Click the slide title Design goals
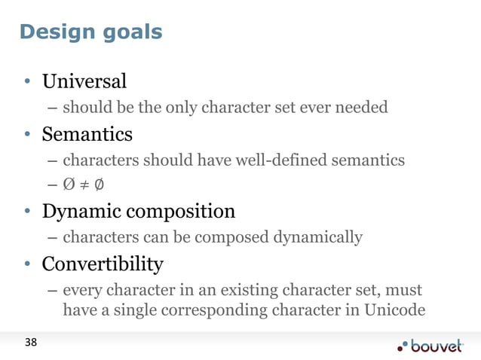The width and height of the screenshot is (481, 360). tap(90, 32)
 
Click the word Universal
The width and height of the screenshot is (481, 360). tap(84, 80)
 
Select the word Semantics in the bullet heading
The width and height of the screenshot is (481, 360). tap(87, 134)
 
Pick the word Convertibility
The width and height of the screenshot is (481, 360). tap(102, 264)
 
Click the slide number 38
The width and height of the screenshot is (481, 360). tap(30, 343)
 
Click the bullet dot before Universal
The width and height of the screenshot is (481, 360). tap(26, 81)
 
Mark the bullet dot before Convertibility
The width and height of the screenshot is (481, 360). tap(26, 265)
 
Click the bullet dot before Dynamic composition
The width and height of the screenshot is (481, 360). tap(26, 212)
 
